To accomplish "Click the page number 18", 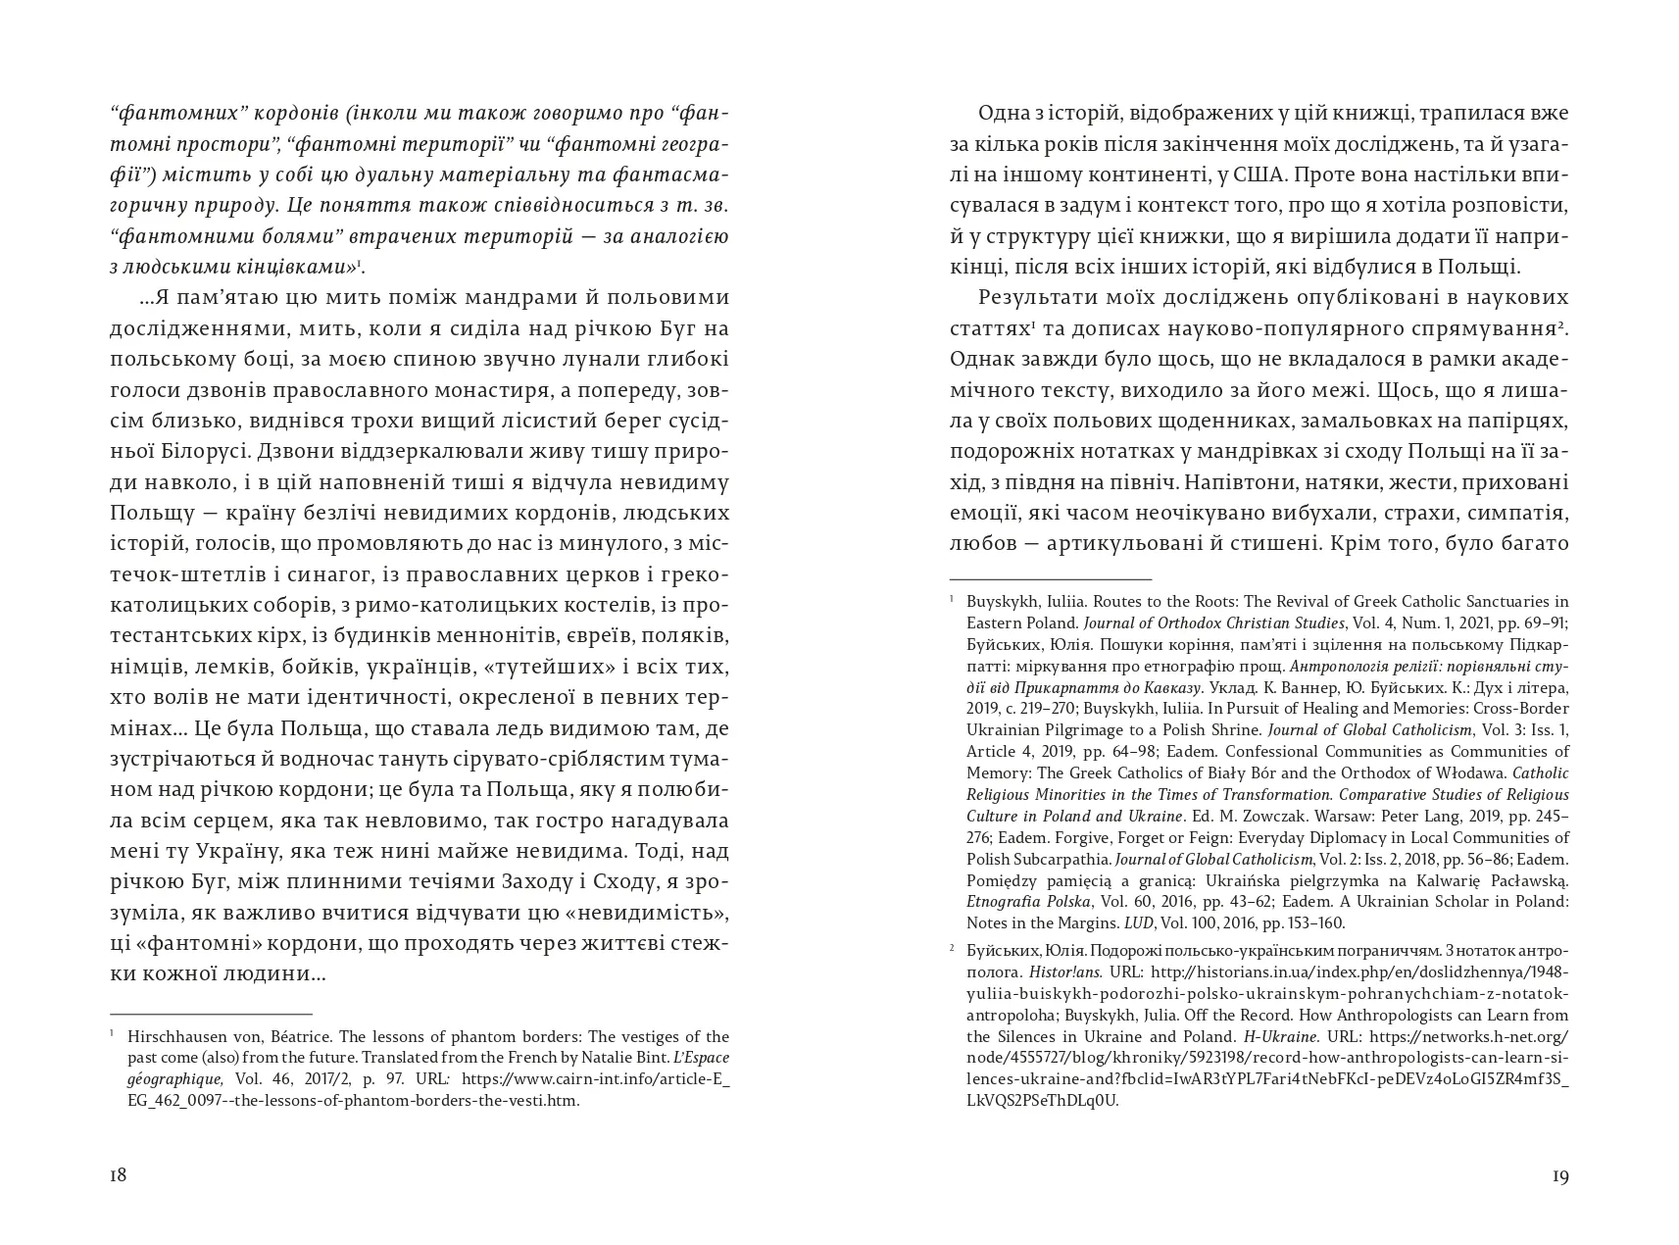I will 118,1176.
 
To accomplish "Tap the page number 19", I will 1560,1176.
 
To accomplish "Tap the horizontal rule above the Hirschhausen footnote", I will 211,1014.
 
